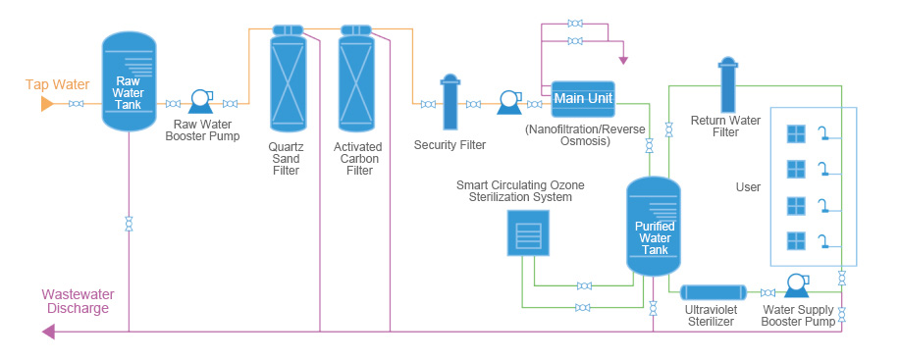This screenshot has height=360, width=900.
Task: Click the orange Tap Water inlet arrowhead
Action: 47,104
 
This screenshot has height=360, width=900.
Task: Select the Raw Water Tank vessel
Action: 129,80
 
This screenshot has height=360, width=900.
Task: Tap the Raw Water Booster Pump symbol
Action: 201,101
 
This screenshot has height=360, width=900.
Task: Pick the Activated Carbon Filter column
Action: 355,77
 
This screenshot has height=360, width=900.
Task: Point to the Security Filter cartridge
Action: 450,101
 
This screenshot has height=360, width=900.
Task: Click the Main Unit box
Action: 583,99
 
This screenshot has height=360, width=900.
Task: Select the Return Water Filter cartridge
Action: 728,83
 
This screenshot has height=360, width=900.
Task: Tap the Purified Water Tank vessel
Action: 654,226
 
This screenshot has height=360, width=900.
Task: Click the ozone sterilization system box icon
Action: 527,232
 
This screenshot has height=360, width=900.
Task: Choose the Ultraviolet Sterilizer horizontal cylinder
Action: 713,292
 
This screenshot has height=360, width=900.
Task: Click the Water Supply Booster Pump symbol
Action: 796,284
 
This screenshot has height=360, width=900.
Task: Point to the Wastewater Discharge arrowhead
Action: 48,332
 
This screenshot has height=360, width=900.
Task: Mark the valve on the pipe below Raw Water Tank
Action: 129,224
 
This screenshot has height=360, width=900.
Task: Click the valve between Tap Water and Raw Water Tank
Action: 76,104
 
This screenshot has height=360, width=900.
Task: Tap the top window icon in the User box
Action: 796,133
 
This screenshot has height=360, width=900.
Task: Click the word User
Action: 748,187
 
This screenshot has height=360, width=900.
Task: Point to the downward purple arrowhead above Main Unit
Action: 623,60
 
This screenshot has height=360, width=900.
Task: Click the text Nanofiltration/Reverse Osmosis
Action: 585,134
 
